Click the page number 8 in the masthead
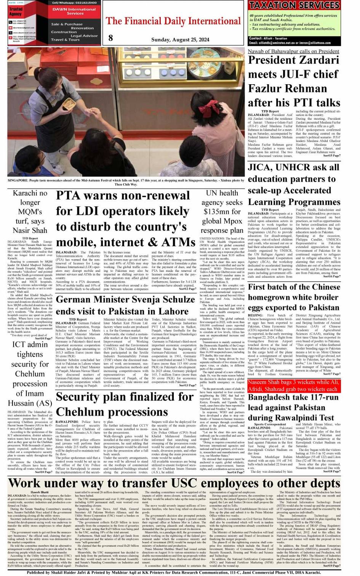coord(110,37)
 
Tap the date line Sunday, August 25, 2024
coord(180,40)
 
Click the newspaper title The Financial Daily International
coord(173,21)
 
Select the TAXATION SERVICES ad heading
coord(294,5)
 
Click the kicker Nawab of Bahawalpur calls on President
coord(293,51)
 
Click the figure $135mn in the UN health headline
coord(222,212)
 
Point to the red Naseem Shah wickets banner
coord(293,386)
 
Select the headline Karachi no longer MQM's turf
coord(30,212)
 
